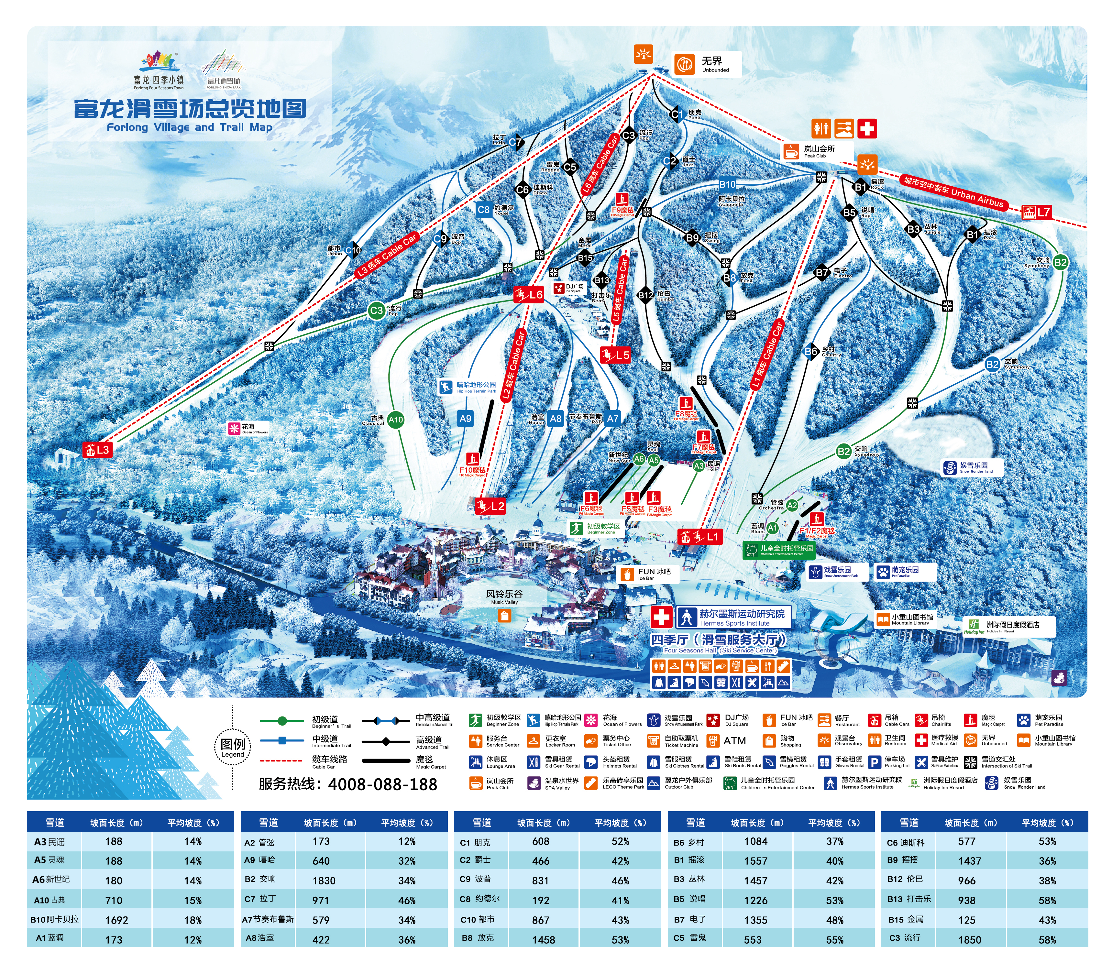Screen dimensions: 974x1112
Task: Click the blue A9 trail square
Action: [x=465, y=419]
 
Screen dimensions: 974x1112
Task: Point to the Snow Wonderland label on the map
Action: [x=972, y=467]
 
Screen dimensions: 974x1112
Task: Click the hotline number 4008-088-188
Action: [x=383, y=784]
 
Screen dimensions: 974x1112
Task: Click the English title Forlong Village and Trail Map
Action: [x=189, y=127]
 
